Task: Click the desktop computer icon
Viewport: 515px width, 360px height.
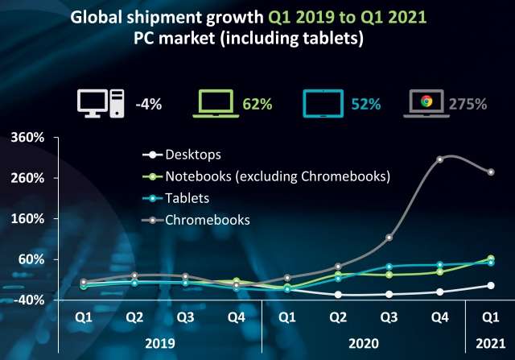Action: [101, 103]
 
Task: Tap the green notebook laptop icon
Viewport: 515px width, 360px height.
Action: [216, 103]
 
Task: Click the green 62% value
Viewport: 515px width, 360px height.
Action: [258, 104]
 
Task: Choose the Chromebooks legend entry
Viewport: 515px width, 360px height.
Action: [207, 219]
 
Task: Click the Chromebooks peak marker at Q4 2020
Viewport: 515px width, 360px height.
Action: [439, 159]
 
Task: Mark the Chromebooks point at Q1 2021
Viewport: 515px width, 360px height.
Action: [490, 172]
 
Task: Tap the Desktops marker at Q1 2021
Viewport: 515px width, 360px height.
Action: [490, 285]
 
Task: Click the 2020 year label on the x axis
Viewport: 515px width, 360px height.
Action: [363, 343]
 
